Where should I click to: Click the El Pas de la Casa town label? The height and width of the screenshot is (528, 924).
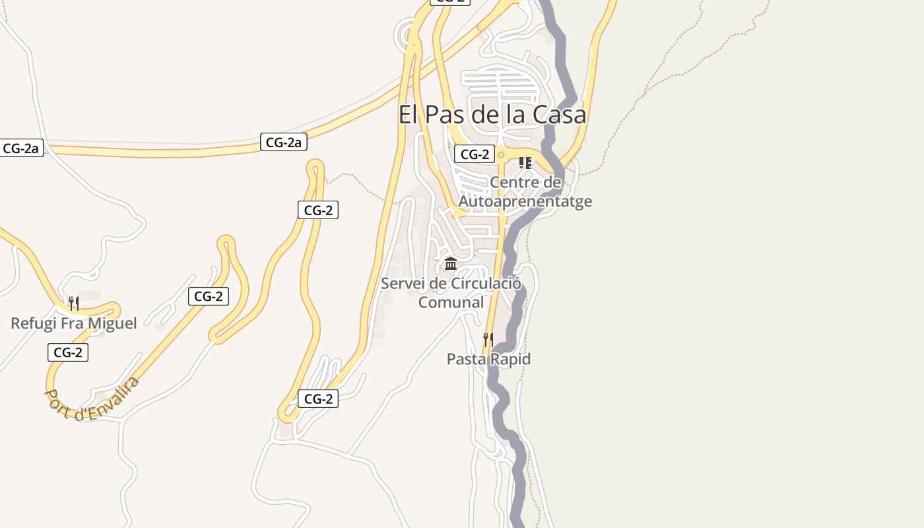coord(492,115)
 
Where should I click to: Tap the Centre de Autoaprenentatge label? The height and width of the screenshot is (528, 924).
coord(525,191)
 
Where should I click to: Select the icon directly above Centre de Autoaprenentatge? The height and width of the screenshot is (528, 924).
coord(525,162)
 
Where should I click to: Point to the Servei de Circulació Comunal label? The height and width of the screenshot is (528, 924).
coord(451,293)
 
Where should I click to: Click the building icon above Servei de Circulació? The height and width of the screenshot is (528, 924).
coord(451,264)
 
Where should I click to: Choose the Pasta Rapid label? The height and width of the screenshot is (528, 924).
coord(488,359)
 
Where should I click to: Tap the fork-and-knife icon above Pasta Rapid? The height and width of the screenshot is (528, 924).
coord(488,340)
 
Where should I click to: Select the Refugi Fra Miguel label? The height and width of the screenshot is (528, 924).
coord(74,323)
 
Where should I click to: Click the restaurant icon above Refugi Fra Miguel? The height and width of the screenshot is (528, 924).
coord(74,304)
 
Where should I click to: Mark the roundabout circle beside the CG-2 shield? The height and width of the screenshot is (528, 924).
coord(501,155)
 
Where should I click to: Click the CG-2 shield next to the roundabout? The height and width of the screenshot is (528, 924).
coord(474,154)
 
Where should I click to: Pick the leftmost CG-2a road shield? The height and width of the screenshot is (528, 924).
coord(22,148)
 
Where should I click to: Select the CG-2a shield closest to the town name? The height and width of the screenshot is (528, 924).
coord(284,142)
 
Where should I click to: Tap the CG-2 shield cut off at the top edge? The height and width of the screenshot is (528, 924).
coord(450,2)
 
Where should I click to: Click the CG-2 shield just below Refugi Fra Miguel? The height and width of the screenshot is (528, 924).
coord(67,352)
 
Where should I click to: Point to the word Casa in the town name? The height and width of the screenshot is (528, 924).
coord(559,115)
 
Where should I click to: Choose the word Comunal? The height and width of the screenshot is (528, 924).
coord(451,302)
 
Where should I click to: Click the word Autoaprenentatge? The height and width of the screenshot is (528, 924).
coord(525,201)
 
